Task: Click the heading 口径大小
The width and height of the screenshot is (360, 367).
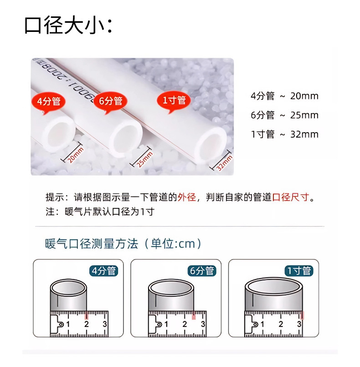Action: point(68,25)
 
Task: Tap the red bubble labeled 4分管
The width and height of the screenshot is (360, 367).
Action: point(48,102)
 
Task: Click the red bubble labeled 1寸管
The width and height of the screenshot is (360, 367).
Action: point(174,101)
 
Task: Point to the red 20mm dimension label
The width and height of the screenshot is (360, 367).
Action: point(75,155)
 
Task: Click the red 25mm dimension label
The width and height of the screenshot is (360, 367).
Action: point(144,160)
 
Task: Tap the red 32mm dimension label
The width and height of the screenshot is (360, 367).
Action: point(224,163)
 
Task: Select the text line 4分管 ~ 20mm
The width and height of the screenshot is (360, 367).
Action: point(284,96)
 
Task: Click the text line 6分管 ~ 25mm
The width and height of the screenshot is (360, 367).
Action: point(284,115)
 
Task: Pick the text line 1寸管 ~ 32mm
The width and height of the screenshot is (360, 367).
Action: point(284,134)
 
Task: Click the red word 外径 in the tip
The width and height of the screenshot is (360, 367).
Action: point(187,197)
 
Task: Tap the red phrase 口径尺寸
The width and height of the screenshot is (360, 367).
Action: point(291,197)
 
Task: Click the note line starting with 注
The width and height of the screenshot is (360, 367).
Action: point(100,212)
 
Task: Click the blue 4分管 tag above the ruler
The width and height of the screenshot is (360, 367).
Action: point(103,271)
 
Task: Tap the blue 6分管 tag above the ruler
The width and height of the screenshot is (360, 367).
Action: point(202,271)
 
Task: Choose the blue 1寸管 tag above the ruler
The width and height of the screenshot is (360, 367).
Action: point(299,271)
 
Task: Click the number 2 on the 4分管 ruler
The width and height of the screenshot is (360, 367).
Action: point(87,324)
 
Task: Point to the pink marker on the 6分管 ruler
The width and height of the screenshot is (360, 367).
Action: point(194,315)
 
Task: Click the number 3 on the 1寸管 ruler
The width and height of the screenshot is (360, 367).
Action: point(299,324)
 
